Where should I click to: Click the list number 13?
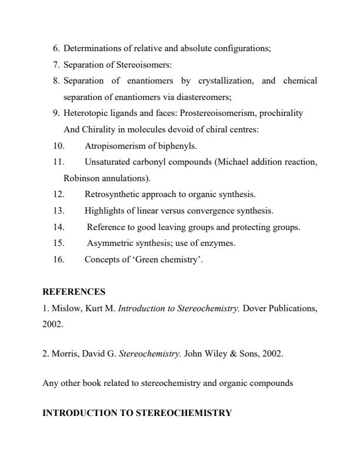coord(59,210)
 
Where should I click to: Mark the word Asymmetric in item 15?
coord(108,243)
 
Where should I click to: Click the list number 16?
coord(59,259)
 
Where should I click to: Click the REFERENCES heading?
coord(74,291)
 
